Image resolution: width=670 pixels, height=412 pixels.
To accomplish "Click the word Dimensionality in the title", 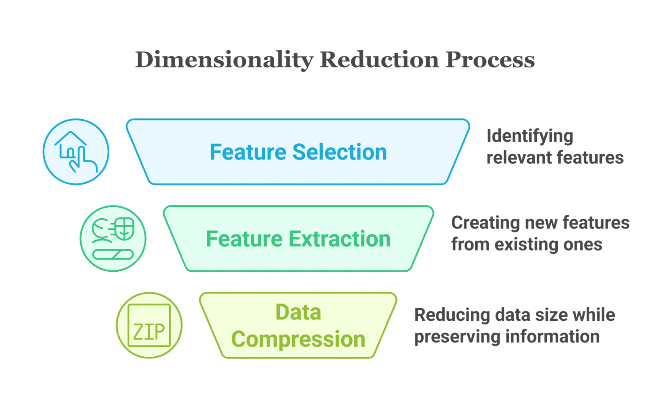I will coord(224,60).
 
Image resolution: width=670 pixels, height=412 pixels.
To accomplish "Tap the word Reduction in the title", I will coord(379,60).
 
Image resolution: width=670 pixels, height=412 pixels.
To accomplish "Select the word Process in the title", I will coord(490,60).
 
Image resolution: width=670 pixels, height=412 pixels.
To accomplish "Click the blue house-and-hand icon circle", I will coord(76,152).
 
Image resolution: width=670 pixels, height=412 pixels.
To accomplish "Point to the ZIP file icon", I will coord(149,325).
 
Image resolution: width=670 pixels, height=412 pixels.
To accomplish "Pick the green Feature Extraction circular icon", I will coord(113,238).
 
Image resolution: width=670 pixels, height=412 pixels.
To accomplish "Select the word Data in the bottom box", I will coord(298,312).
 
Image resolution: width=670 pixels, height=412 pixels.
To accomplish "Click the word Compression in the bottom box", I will coord(298,339).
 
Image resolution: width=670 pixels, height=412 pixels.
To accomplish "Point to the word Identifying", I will coord(530,136).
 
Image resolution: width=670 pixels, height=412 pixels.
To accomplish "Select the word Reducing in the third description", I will coord(452,315).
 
